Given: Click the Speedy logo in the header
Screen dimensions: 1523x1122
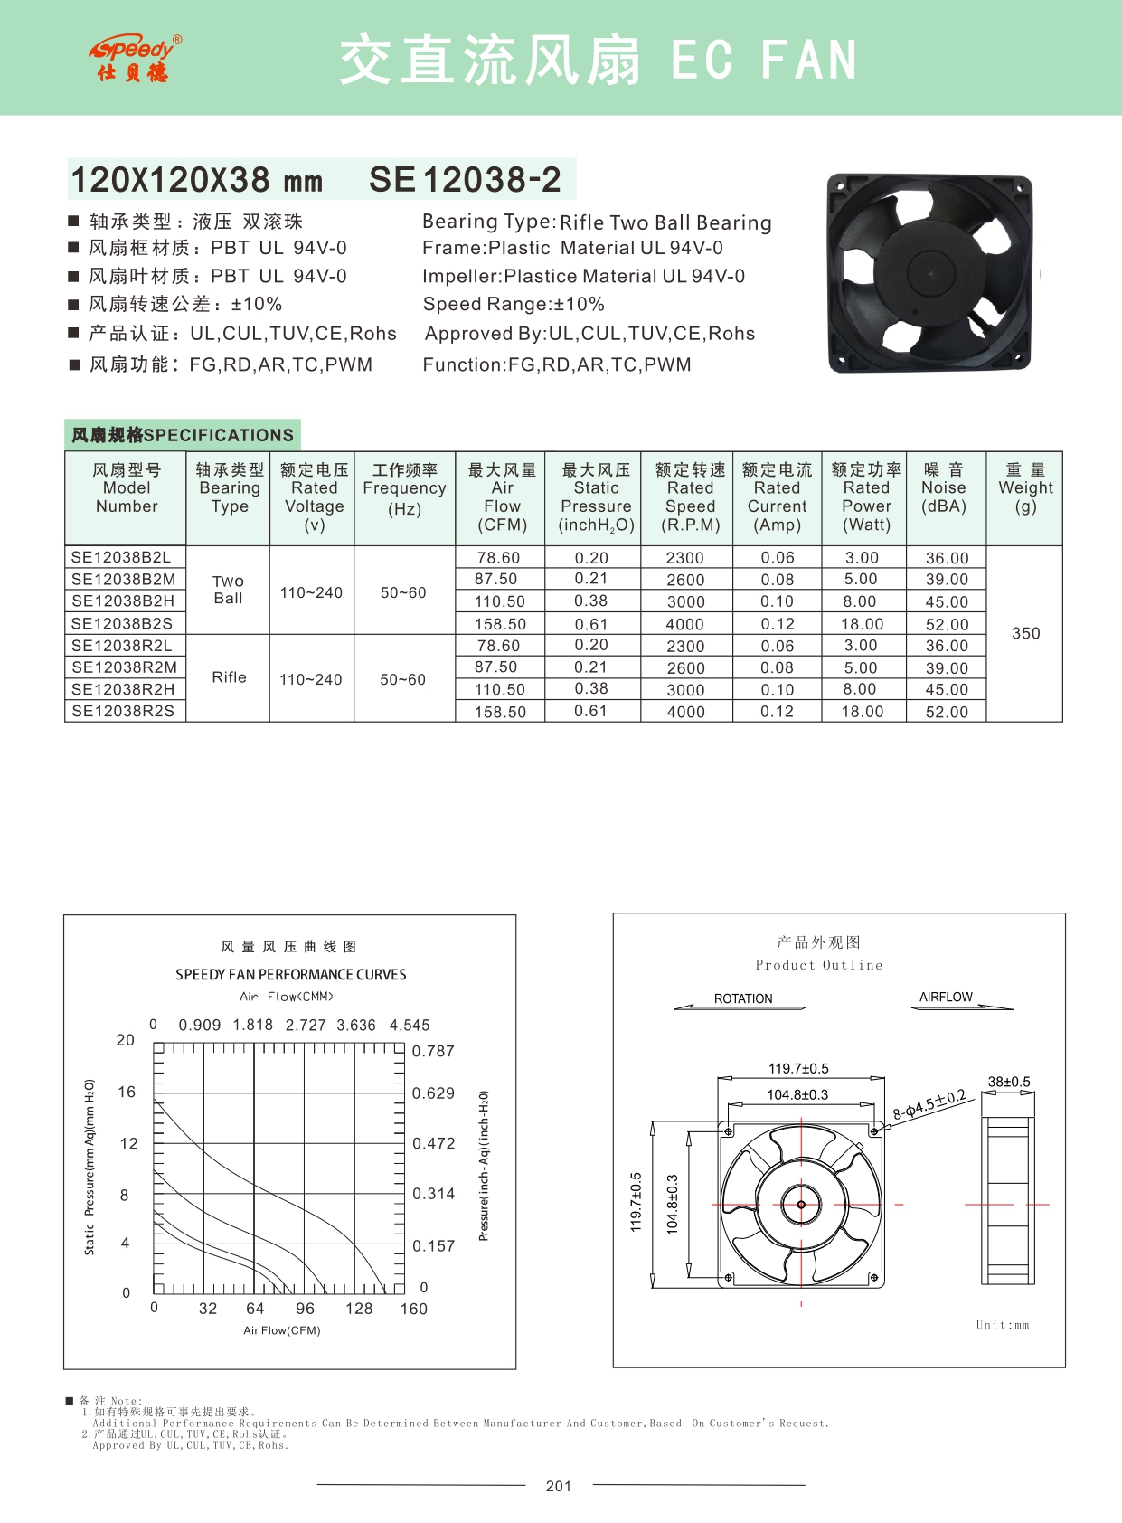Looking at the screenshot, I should click(x=135, y=59).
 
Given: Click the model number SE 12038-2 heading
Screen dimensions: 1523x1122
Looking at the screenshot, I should click(x=465, y=180).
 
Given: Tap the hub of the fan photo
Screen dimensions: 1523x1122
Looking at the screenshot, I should click(x=931, y=271).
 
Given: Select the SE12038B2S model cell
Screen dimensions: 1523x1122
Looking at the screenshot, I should click(x=122, y=623).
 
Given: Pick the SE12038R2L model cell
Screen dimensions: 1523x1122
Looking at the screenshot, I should click(x=122, y=646).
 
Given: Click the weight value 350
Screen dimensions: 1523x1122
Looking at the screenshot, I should click(x=1025, y=633).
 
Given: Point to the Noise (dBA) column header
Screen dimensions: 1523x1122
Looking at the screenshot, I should click(x=944, y=488).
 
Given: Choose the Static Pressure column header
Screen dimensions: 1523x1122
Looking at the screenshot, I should click(x=596, y=497).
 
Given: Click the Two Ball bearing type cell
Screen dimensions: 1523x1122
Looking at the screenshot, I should click(x=229, y=590).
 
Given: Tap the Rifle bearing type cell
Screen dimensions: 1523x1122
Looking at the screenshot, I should click(x=229, y=677).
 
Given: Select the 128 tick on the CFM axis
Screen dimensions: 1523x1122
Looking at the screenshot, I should click(x=359, y=1309).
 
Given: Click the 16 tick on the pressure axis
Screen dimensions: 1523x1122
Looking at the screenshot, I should click(x=127, y=1093).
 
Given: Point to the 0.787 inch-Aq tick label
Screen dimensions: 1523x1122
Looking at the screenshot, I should click(x=433, y=1052).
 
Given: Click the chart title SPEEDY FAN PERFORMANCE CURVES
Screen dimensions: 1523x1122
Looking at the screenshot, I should click(x=291, y=975).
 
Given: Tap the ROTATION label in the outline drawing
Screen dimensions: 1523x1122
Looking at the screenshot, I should click(x=743, y=998).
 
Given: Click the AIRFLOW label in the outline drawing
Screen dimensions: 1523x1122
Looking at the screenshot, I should click(x=946, y=997).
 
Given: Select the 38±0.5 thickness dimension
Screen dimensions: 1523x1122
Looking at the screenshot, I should click(x=1008, y=1082).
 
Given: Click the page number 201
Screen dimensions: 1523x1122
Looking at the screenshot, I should click(x=559, y=1486).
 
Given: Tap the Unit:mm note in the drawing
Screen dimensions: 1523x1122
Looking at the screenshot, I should click(x=1002, y=1325).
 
